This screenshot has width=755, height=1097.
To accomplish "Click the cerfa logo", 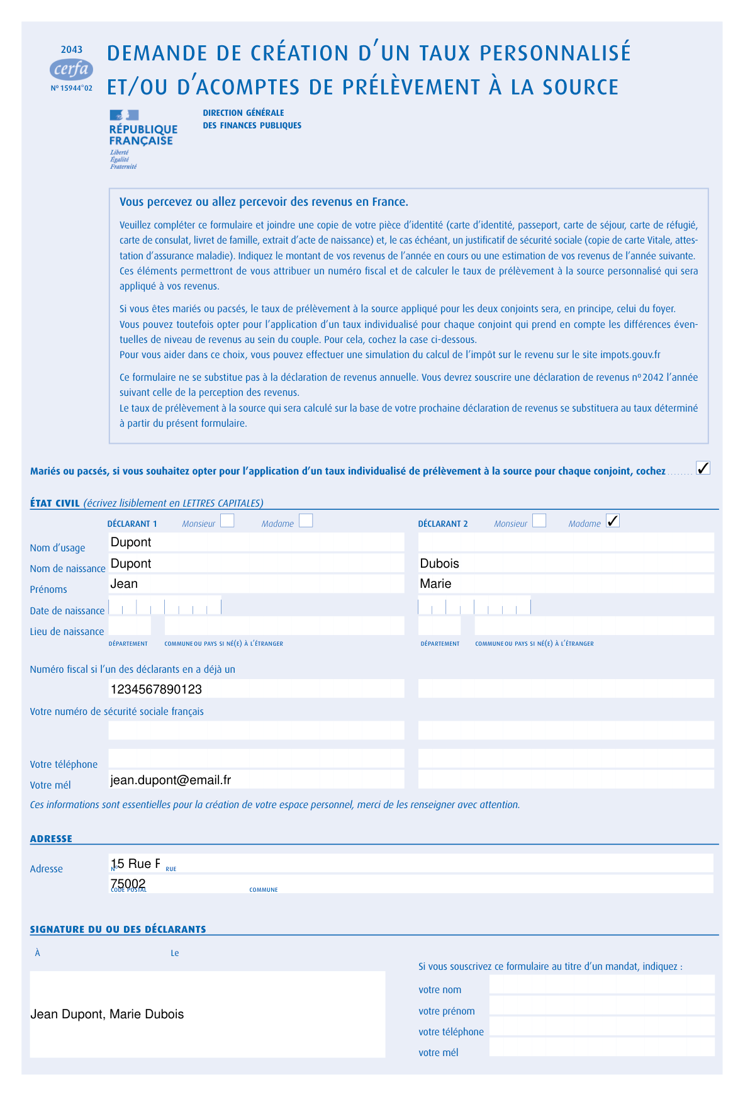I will (x=71, y=69).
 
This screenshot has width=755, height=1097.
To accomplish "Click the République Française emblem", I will (x=124, y=115).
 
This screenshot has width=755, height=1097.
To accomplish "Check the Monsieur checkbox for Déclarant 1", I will (x=227, y=520).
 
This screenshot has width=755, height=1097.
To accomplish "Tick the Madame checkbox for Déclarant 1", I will (x=306, y=520).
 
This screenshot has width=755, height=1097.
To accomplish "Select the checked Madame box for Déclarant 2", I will (x=612, y=520).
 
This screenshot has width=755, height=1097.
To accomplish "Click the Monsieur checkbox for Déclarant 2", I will (x=539, y=520).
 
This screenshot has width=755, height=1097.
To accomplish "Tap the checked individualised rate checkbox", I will (x=703, y=468).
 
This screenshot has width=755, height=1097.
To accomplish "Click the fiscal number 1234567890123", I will (x=156, y=689).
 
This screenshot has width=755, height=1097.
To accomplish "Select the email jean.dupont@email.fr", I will (x=171, y=780).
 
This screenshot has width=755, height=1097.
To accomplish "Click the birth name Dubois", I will (x=439, y=563).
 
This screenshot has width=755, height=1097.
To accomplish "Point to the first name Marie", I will (x=435, y=583).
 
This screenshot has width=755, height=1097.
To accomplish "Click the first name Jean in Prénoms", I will (x=124, y=583).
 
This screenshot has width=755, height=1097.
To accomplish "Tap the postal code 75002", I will (x=128, y=883).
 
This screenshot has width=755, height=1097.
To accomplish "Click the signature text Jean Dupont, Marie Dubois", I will (x=108, y=1014).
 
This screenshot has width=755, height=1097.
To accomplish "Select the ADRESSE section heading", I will (x=51, y=838).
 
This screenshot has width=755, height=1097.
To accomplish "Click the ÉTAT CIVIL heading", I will (x=55, y=503).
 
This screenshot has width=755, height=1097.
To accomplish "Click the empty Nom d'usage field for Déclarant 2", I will (x=566, y=542).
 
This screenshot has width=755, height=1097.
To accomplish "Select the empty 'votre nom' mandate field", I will (x=601, y=984).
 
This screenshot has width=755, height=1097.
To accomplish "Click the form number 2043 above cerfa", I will (x=72, y=50).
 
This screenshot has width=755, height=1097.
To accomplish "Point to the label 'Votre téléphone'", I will (x=64, y=764).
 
